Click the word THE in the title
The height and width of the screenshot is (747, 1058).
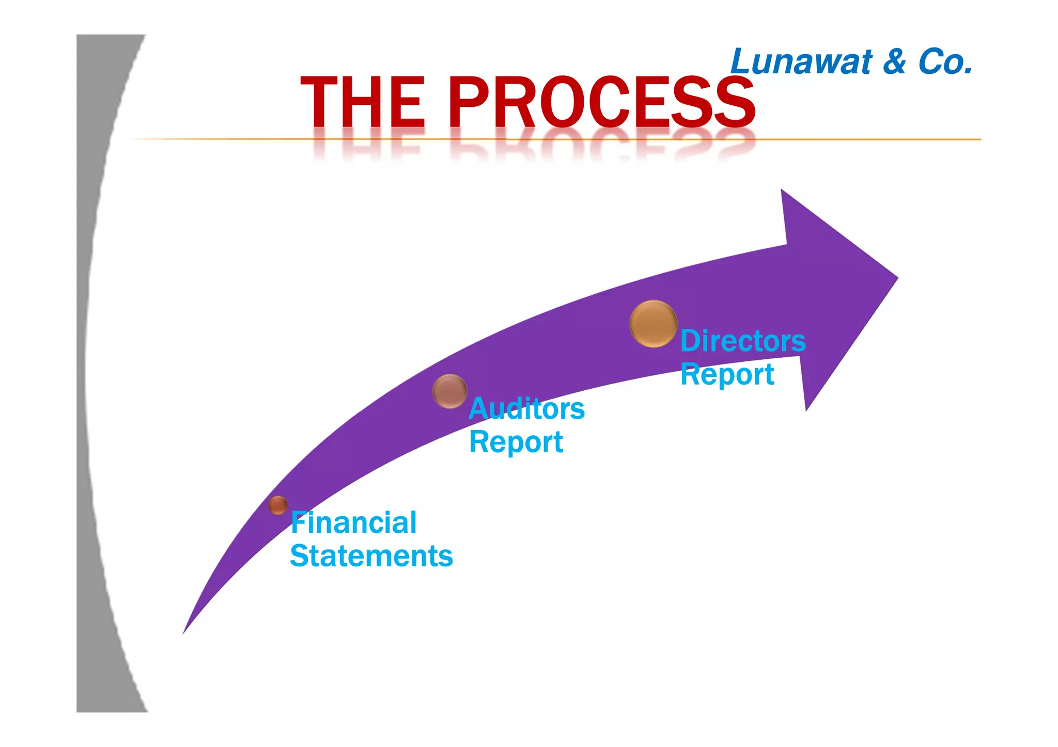363,102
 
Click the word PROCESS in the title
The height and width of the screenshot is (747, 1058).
601,102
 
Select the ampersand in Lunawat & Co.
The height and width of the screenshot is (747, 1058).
894,62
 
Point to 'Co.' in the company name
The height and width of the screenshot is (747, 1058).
945,62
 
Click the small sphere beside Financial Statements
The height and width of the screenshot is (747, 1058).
278,505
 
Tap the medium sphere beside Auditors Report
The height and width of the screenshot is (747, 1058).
449,391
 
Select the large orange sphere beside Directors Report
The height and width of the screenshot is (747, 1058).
653,324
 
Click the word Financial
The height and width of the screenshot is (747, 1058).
353,522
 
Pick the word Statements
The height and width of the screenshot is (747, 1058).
371,556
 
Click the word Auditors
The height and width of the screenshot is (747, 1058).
526,409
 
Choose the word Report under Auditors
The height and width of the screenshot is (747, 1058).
516,442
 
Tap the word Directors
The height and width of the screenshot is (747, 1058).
743,341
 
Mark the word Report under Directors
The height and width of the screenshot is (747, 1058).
727,374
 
